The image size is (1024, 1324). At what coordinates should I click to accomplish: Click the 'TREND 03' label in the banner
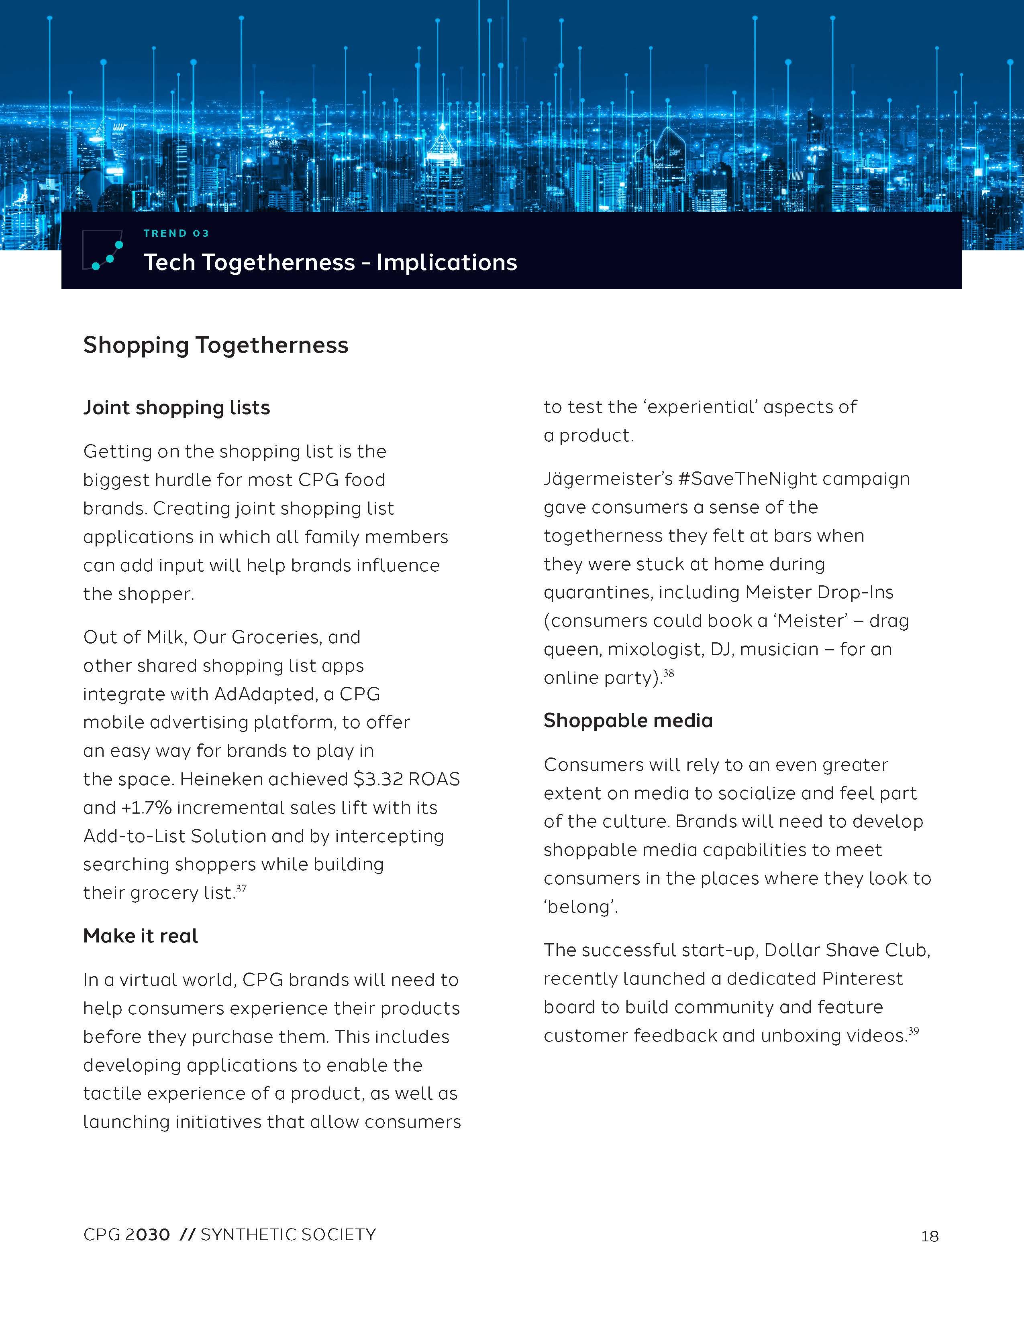176,234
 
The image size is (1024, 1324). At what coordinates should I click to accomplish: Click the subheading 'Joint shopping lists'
177,407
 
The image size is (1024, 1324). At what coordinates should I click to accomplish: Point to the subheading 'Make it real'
140,936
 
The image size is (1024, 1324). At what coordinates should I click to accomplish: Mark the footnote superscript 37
241,889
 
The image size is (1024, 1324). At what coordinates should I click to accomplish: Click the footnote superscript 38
669,673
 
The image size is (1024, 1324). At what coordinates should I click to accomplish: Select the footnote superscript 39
914,1031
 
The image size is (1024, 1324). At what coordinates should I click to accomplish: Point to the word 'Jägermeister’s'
608,479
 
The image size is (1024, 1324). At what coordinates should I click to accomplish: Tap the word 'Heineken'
221,779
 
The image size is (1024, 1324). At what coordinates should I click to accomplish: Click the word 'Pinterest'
862,979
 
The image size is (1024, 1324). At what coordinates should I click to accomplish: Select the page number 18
929,1236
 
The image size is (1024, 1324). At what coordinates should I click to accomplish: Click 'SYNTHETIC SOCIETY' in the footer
288,1235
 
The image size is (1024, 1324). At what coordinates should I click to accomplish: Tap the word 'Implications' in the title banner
447,262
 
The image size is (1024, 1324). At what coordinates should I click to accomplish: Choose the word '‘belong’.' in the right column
581,907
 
